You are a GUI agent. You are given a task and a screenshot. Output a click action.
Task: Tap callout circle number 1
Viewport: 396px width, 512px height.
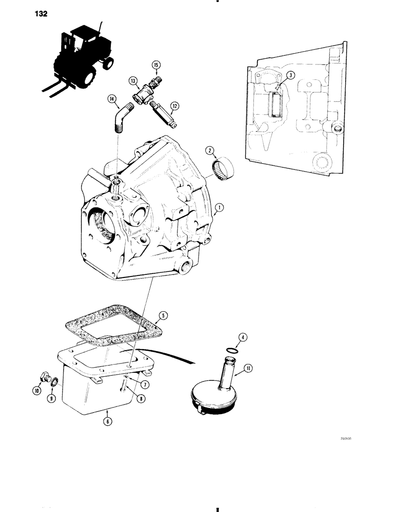click(219, 207)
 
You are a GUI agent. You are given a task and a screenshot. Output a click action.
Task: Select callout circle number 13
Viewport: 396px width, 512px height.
click(133, 80)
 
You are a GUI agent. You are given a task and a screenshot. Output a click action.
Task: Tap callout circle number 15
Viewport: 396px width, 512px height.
click(156, 65)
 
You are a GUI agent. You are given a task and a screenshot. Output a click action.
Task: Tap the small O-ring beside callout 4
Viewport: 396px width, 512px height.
click(232, 351)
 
